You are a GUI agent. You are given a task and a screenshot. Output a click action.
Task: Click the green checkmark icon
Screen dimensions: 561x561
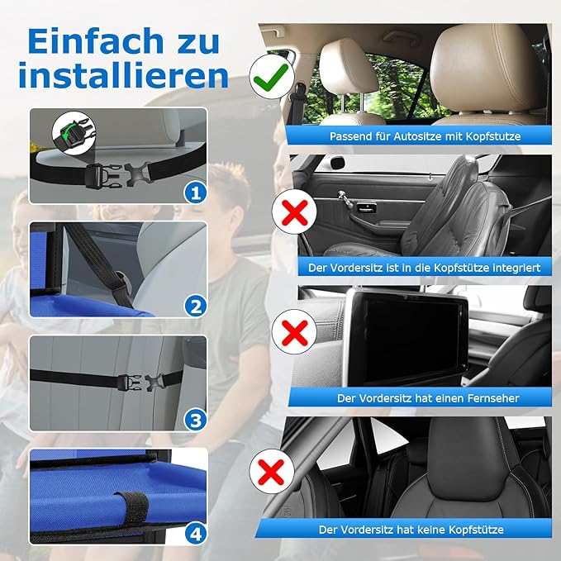(x=271, y=78)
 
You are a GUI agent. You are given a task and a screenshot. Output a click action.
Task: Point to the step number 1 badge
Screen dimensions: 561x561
(x=195, y=193)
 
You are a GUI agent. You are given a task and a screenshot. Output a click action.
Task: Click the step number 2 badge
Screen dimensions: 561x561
(x=195, y=307)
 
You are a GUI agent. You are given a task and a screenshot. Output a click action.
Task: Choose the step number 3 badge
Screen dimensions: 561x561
(x=195, y=420)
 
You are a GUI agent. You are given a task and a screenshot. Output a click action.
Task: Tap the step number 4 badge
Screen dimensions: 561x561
(x=195, y=534)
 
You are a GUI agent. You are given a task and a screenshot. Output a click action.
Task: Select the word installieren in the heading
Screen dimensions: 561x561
(x=123, y=76)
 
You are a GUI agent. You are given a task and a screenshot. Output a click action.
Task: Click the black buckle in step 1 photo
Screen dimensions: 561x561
(x=115, y=174)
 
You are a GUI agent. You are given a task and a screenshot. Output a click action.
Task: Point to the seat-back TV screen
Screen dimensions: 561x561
(x=405, y=330)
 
